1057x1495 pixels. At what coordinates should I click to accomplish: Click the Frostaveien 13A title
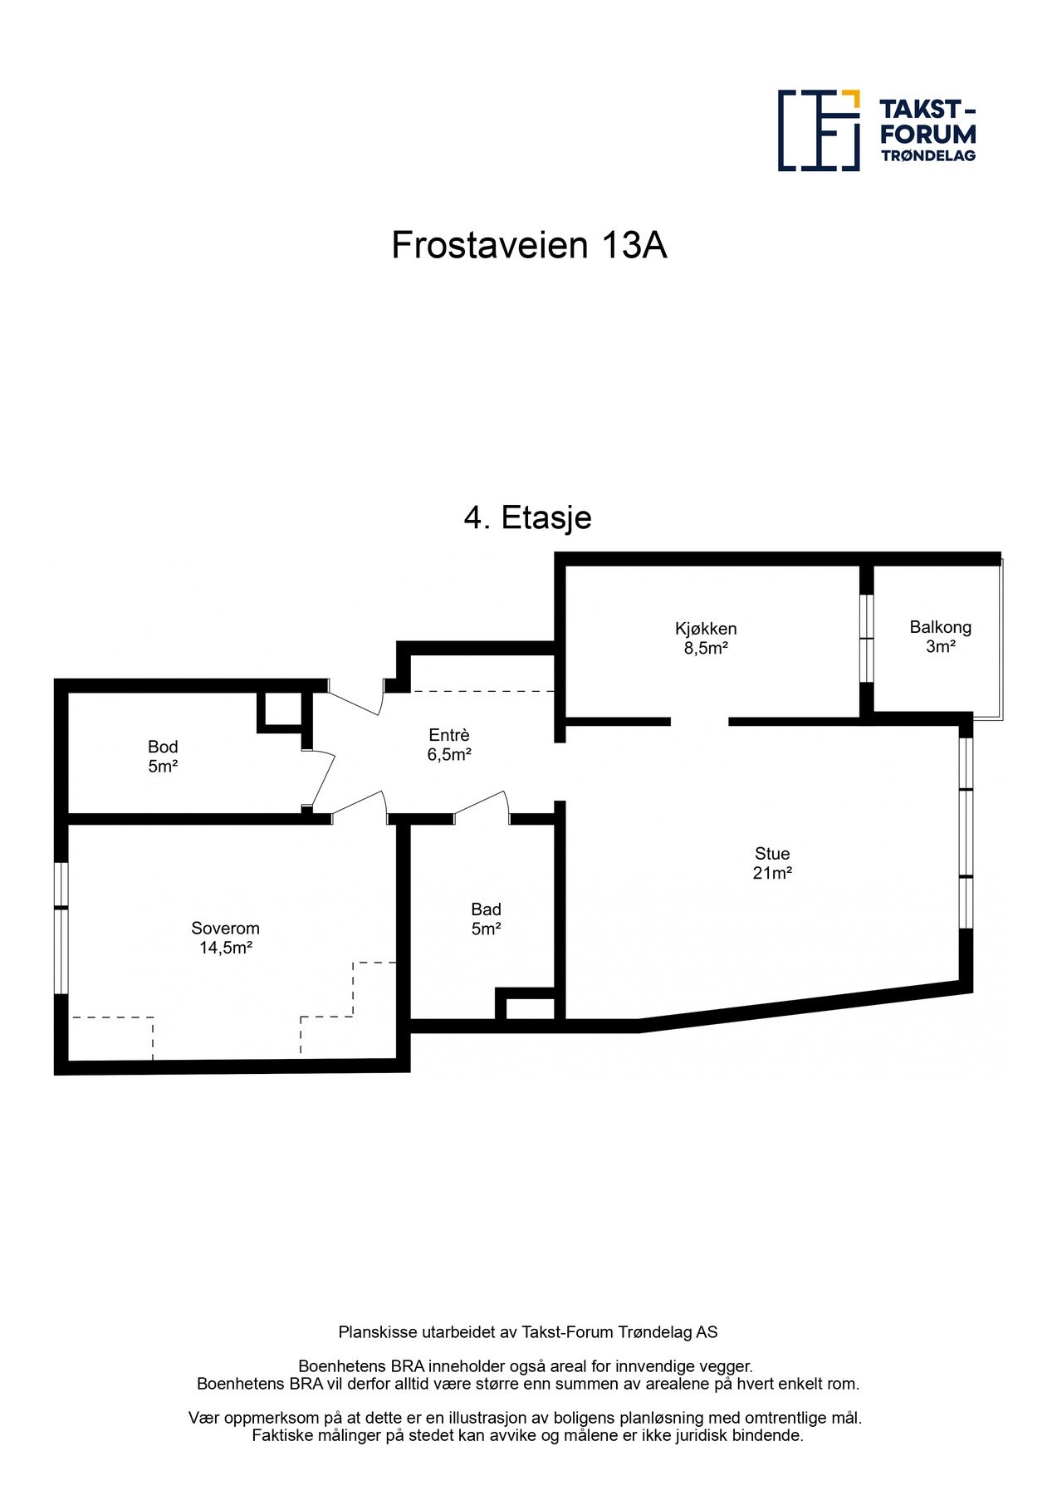click(529, 245)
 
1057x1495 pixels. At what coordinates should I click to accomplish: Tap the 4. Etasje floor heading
click(527, 517)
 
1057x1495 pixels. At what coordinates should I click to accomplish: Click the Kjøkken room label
click(706, 629)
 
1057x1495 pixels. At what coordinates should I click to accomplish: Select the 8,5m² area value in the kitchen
click(706, 649)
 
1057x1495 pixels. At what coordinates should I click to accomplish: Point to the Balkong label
click(940, 627)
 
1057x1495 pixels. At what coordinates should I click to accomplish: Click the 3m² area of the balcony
click(940, 647)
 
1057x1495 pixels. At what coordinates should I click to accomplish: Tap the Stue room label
click(772, 853)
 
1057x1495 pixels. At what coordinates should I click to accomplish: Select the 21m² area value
click(772, 873)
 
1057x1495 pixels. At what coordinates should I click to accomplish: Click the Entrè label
click(449, 735)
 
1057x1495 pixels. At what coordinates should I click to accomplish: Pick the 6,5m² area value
click(449, 755)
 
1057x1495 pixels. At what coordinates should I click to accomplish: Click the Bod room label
click(163, 747)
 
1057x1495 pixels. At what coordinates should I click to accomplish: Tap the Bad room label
click(486, 909)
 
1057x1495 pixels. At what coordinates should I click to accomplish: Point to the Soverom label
click(225, 928)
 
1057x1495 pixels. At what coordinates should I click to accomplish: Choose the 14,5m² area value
click(225, 948)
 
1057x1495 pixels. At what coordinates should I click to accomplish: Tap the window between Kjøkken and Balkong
click(866, 638)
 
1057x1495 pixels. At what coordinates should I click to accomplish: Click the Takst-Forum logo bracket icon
click(819, 130)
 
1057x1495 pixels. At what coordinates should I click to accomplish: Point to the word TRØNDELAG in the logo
click(927, 155)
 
